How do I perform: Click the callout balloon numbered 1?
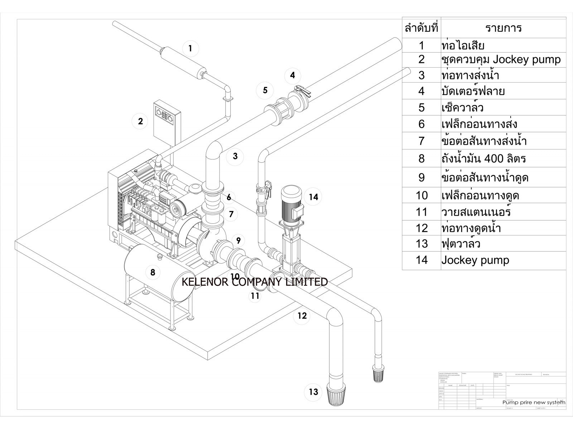(190, 48)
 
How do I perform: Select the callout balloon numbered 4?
(293, 75)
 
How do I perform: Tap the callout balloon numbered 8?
(153, 272)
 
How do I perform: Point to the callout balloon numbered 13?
(313, 392)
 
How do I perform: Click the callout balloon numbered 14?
(313, 197)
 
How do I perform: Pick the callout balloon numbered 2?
(140, 121)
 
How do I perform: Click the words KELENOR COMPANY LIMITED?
(255, 282)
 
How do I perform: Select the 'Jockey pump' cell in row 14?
(475, 260)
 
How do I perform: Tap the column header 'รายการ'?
(503, 28)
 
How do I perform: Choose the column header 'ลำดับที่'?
(422, 28)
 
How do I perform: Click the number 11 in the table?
(422, 212)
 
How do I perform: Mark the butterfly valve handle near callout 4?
(300, 91)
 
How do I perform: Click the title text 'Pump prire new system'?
(534, 402)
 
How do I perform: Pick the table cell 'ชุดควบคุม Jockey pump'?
(501, 59)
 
